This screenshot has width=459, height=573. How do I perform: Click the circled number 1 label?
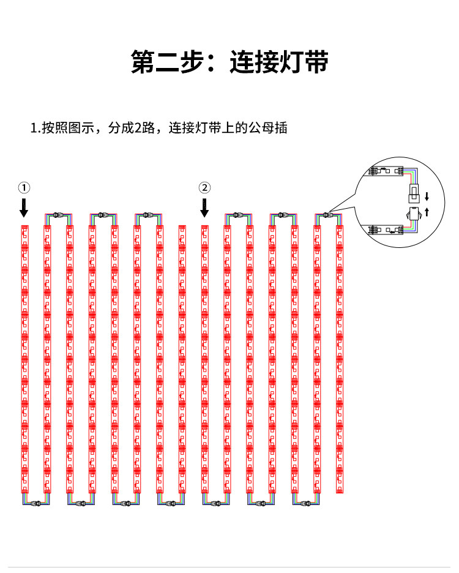tap(23, 187)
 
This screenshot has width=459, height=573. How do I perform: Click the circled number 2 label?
tap(204, 187)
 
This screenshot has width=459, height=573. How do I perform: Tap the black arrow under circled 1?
tap(23, 208)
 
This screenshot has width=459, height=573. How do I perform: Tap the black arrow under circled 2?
tap(204, 208)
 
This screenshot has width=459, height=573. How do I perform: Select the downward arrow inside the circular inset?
tap(427, 197)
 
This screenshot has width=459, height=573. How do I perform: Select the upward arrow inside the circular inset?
tap(427, 212)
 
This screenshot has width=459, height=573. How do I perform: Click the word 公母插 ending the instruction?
tap(272, 129)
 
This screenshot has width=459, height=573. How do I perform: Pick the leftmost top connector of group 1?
tap(57, 215)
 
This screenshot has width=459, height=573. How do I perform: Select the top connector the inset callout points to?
tap(327, 215)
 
